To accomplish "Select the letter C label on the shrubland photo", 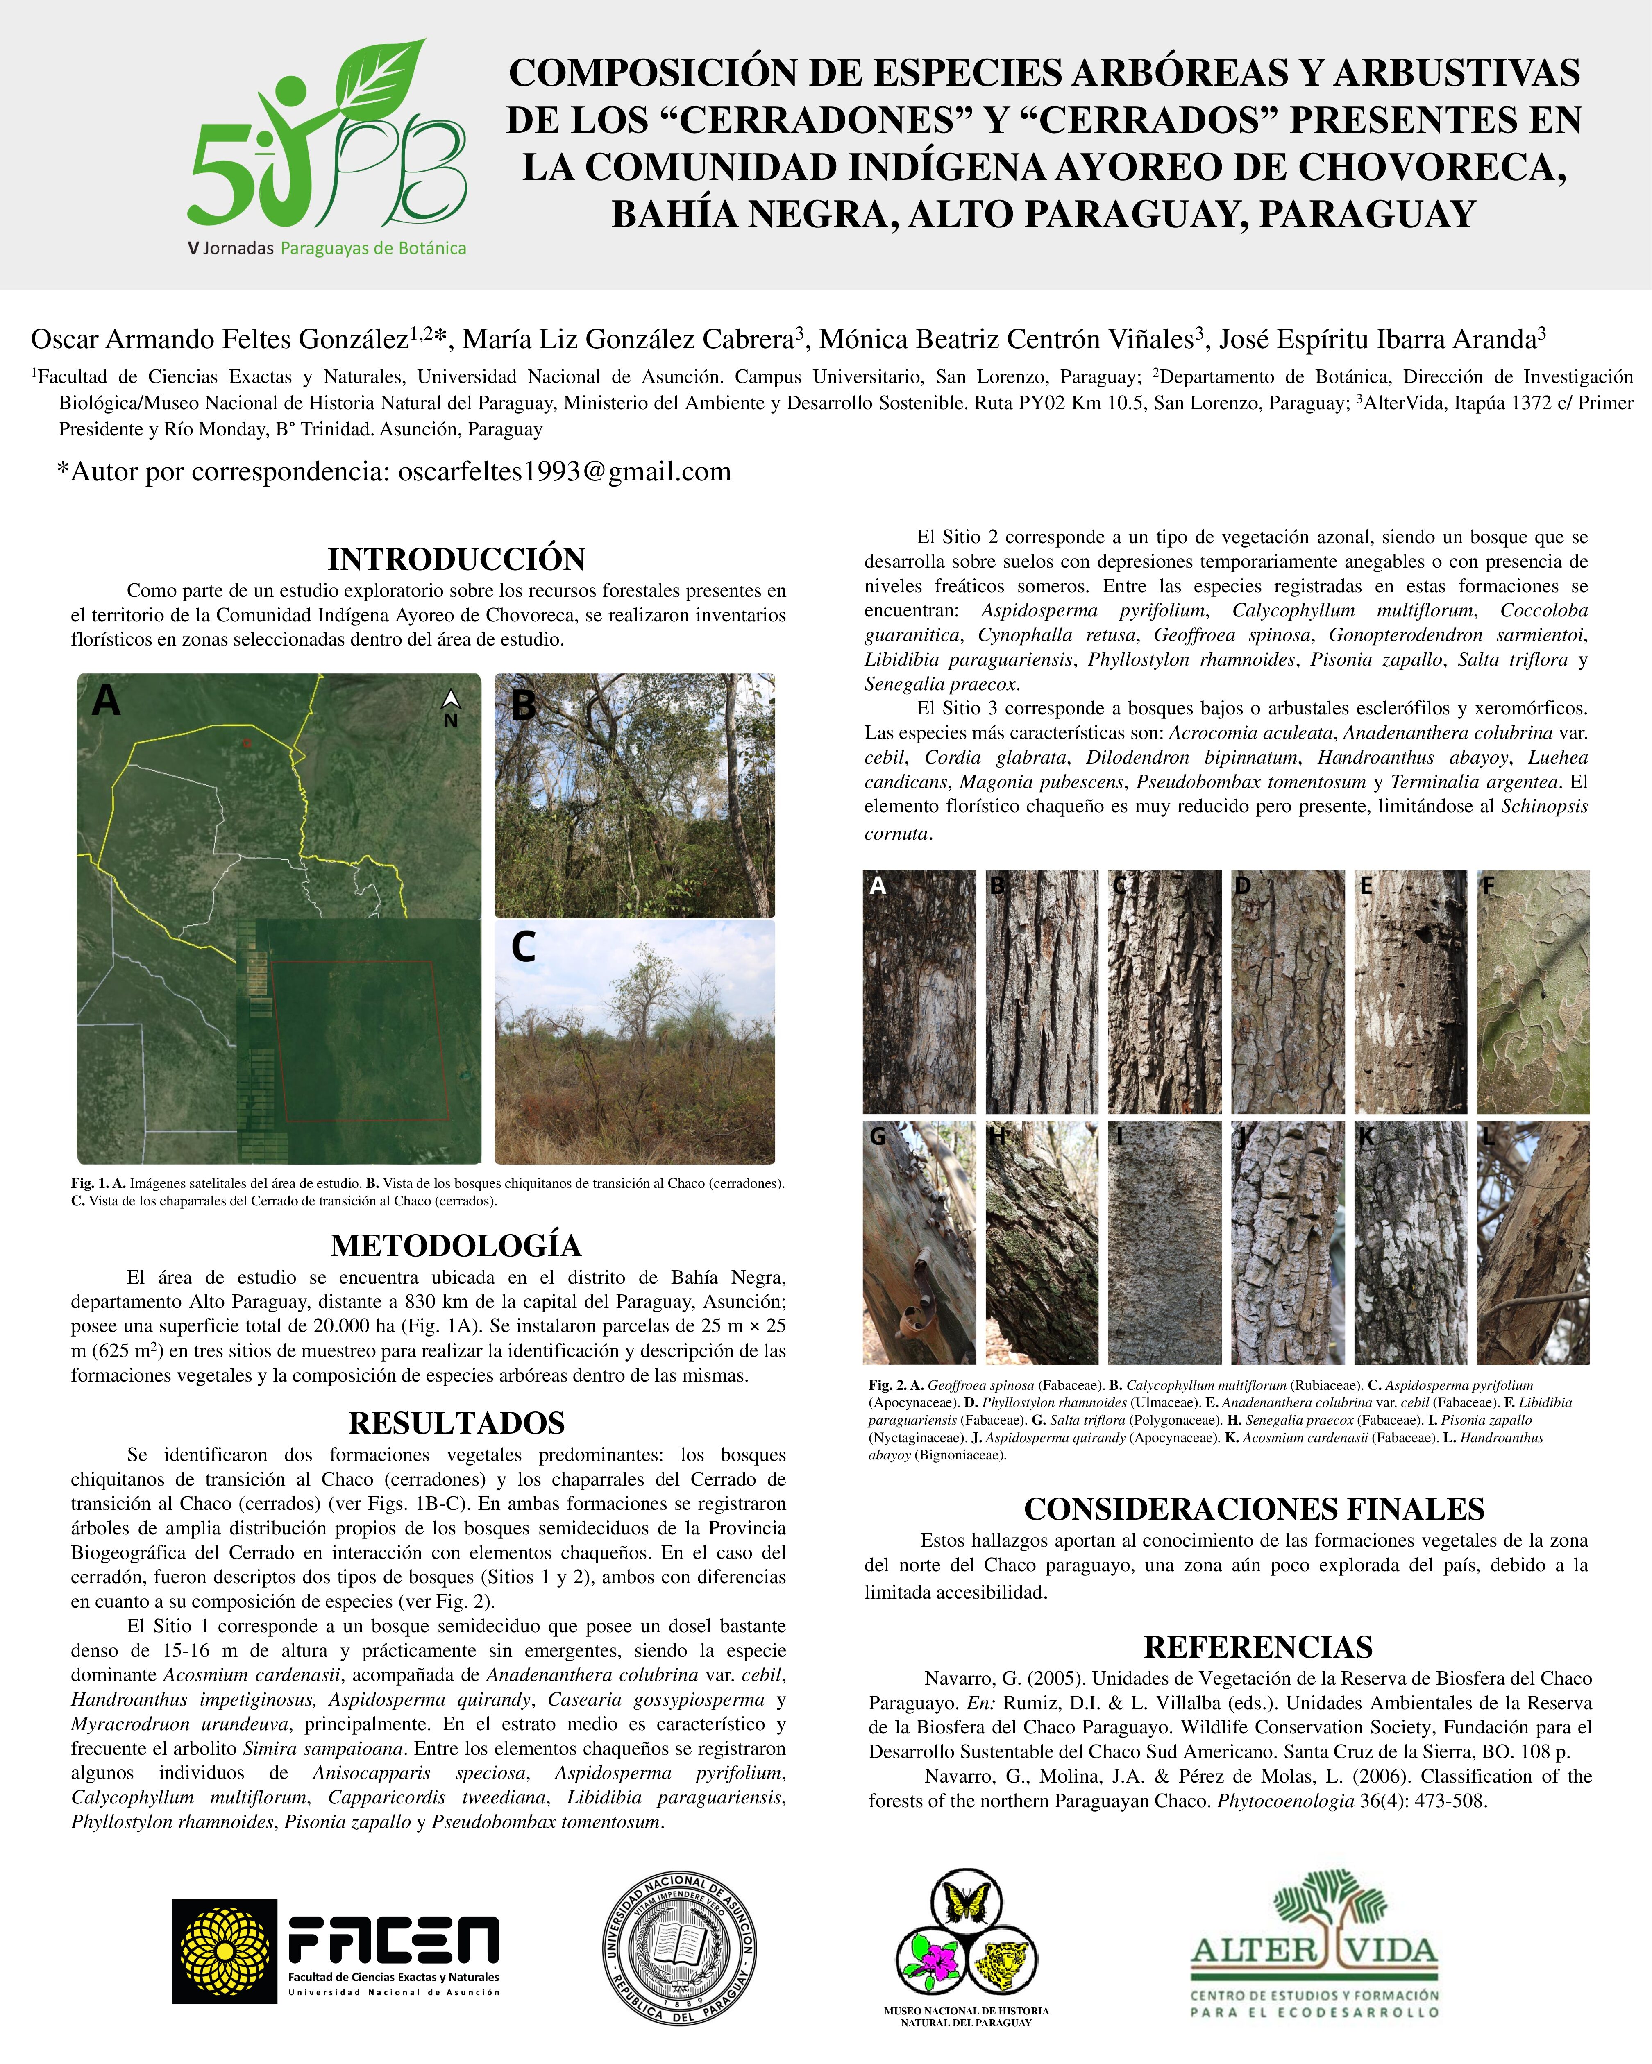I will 523,947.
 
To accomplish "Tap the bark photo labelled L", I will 1532,1243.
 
